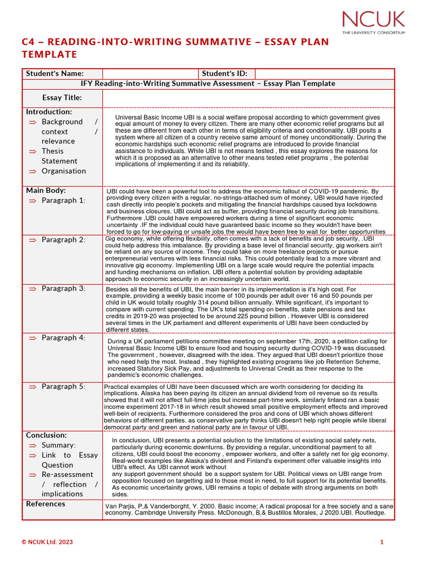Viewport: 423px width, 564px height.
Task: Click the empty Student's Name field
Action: click(x=150, y=74)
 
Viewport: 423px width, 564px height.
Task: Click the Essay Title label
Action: click(x=62, y=98)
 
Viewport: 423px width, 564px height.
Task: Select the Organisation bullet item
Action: click(x=64, y=171)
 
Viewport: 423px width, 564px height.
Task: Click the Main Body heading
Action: click(x=46, y=191)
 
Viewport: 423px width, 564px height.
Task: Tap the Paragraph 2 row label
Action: click(x=63, y=240)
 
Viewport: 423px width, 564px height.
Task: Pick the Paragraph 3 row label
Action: click(x=63, y=289)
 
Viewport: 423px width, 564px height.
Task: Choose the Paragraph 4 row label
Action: click(x=63, y=338)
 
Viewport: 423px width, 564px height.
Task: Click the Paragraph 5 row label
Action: click(x=63, y=387)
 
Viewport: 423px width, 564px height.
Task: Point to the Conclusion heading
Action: click(x=46, y=435)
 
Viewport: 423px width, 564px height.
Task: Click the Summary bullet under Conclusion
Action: click(x=58, y=445)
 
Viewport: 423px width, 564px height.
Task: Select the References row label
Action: click(x=46, y=504)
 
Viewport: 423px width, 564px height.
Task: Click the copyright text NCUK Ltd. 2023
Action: click(x=47, y=542)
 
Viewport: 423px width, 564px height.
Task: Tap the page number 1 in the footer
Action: click(x=382, y=542)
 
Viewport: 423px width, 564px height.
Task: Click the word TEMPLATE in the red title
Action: click(x=49, y=55)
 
